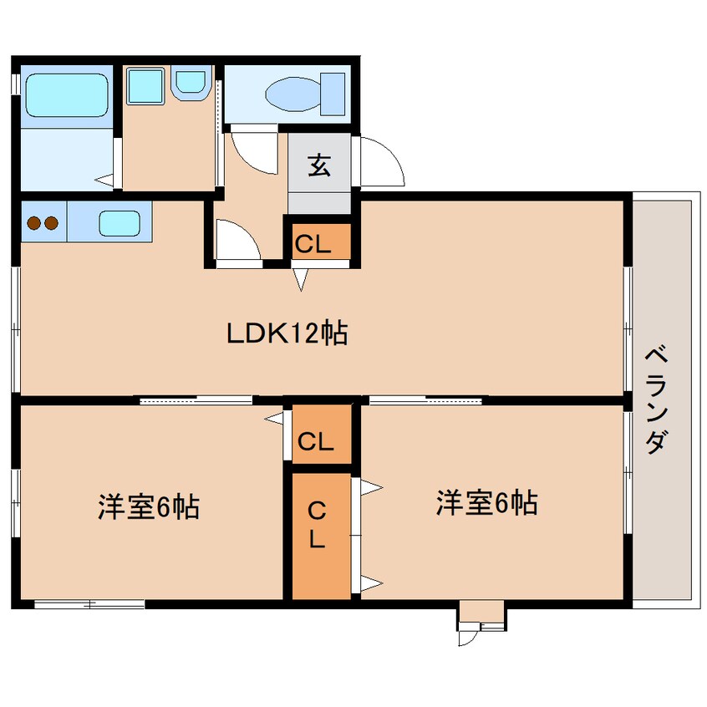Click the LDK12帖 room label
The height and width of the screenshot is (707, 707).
[x=287, y=333]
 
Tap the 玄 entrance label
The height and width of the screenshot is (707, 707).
[x=319, y=165]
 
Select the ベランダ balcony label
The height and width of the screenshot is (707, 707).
[x=657, y=400]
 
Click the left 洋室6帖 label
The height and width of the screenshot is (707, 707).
[x=149, y=506]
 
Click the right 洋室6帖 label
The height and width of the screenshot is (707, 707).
[x=486, y=502]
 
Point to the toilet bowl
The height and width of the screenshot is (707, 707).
[x=293, y=94]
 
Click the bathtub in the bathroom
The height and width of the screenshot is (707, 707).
[x=67, y=95]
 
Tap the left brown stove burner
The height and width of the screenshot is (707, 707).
[x=33, y=223]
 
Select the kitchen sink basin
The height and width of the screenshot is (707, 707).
[x=119, y=223]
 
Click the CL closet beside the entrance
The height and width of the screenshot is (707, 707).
[x=321, y=242]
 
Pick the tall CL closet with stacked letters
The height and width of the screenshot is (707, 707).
[x=321, y=537]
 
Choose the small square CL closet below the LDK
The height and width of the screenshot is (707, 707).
[x=321, y=434]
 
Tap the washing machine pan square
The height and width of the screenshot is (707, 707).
[x=145, y=86]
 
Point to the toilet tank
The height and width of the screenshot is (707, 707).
[x=333, y=94]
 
